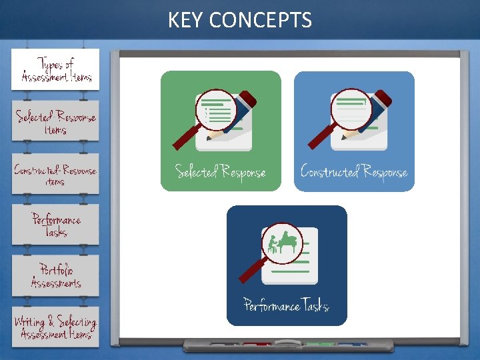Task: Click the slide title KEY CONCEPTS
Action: [240, 21]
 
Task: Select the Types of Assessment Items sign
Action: [55, 70]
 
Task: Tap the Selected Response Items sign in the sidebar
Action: [55, 122]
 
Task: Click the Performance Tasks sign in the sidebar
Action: [55, 225]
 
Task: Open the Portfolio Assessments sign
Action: [55, 276]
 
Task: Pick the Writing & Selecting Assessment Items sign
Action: [55, 327]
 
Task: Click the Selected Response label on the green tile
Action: [220, 172]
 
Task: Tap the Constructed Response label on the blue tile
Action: [353, 172]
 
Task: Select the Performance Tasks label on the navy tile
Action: [287, 306]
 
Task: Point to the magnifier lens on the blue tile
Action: [351, 109]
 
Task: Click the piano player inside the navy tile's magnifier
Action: [281, 243]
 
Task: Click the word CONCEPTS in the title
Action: [260, 21]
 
